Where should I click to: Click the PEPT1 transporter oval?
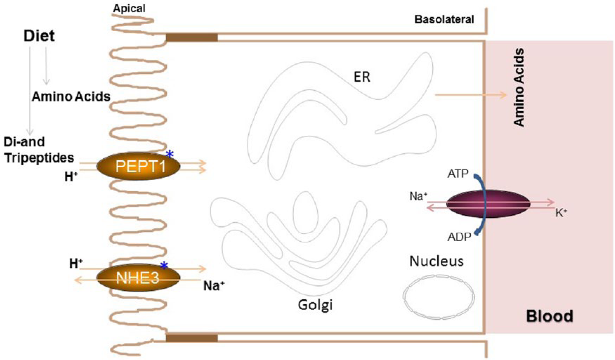[x=138, y=166]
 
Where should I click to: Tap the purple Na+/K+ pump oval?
[x=488, y=204]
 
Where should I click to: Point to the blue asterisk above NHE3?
[x=164, y=265]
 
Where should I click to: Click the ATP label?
[x=458, y=174]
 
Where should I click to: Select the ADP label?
[x=459, y=237]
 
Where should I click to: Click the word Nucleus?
[x=436, y=261]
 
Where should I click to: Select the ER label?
[x=362, y=77]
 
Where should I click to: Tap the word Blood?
[x=549, y=316]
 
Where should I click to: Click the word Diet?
[x=39, y=36]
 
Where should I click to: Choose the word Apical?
[x=129, y=8]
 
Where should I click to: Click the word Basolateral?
[x=444, y=20]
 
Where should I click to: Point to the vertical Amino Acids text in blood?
[x=519, y=87]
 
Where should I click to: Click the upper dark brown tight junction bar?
[x=192, y=38]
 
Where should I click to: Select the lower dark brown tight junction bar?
[x=192, y=338]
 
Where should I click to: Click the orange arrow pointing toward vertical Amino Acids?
[x=471, y=95]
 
